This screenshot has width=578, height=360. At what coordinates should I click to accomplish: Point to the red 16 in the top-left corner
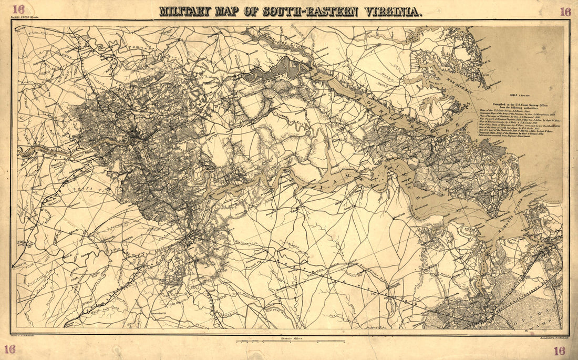tap(19, 9)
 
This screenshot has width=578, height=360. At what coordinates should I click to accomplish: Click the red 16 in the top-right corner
tap(565, 11)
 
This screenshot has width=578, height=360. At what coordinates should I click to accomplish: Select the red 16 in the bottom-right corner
tap(559, 351)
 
